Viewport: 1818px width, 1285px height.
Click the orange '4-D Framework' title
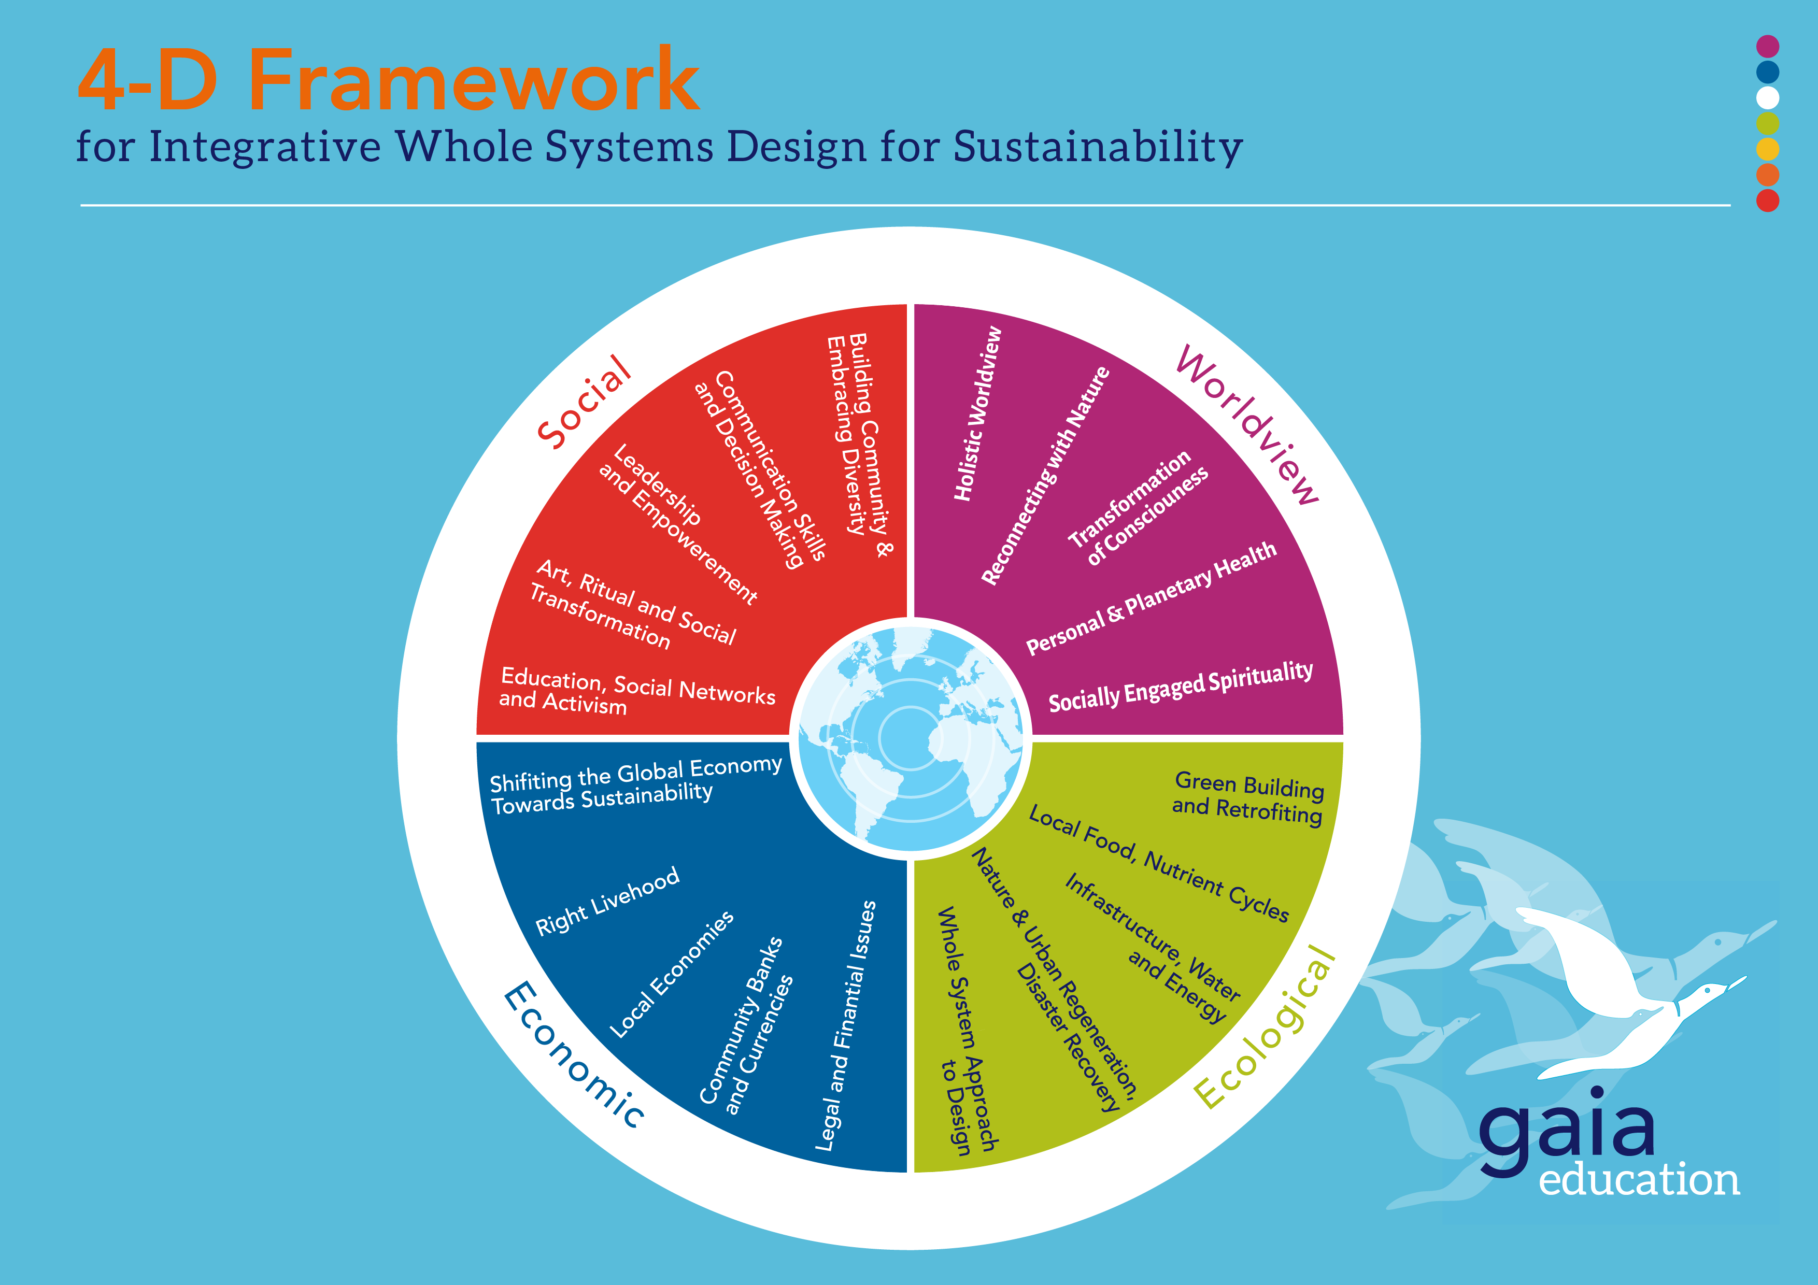[x=388, y=79]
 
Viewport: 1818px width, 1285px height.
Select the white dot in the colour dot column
[x=1767, y=97]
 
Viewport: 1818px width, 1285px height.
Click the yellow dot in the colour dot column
[x=1767, y=149]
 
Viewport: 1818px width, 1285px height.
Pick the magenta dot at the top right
[x=1767, y=46]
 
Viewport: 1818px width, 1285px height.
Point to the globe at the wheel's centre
[x=911, y=738]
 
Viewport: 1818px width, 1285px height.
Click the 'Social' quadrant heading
[x=585, y=402]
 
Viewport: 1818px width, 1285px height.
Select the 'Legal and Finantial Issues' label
[x=846, y=1025]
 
